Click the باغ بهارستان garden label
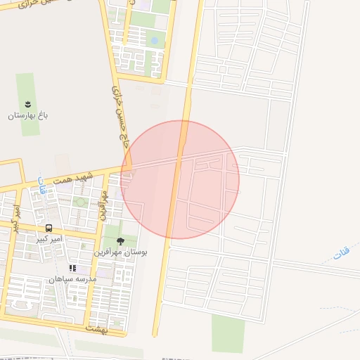[26, 115]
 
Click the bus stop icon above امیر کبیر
[49, 228]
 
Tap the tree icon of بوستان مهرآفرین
[120, 241]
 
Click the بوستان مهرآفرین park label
[120, 252]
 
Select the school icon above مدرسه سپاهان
[72, 268]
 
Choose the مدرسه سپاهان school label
[72, 278]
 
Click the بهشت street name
[96, 328]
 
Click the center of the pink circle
[180, 179]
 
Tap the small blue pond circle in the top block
[154, 40]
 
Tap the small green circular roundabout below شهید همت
[80, 202]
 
